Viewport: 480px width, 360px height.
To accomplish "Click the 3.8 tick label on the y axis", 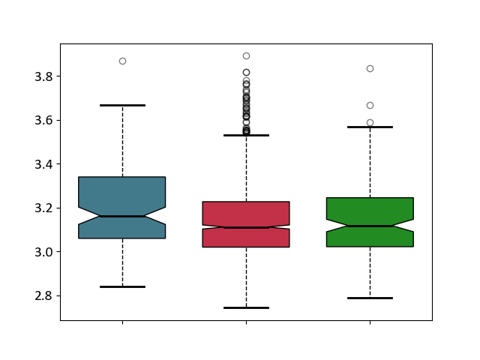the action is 43,76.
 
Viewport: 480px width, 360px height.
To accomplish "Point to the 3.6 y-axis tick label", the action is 43,120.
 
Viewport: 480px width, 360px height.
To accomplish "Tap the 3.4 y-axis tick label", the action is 43,164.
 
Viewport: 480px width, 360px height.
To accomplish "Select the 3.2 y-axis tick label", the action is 43,208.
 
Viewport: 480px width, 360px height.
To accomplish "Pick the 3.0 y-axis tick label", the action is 43,252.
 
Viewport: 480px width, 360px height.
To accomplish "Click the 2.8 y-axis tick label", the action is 43,296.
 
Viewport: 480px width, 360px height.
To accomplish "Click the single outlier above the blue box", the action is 122,61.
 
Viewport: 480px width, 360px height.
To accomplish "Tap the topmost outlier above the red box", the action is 247,55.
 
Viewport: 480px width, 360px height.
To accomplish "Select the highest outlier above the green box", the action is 370,68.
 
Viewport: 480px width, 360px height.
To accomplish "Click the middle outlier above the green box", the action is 370,105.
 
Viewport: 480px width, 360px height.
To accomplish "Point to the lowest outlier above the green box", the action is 370,122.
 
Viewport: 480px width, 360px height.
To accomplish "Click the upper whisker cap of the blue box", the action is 122,105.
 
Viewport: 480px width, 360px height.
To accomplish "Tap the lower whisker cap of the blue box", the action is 122,286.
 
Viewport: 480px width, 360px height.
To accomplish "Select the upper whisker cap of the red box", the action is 247,135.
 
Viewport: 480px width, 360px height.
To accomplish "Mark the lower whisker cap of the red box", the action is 247,307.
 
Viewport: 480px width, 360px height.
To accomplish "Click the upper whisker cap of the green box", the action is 370,127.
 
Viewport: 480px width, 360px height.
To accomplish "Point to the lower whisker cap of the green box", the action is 370,298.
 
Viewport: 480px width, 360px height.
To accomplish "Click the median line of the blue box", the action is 122,216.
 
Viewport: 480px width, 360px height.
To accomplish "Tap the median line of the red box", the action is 247,227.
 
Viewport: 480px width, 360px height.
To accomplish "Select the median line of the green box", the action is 370,226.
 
